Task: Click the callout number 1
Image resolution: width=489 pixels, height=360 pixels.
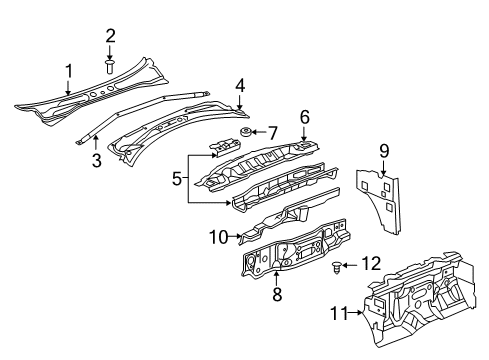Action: (x=69, y=69)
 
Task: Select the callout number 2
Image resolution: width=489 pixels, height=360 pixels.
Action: (x=111, y=37)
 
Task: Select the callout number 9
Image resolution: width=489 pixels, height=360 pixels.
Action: (x=384, y=152)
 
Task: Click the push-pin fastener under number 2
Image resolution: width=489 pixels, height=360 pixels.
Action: (x=111, y=67)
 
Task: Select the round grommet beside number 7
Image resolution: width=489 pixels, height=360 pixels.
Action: (x=245, y=134)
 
